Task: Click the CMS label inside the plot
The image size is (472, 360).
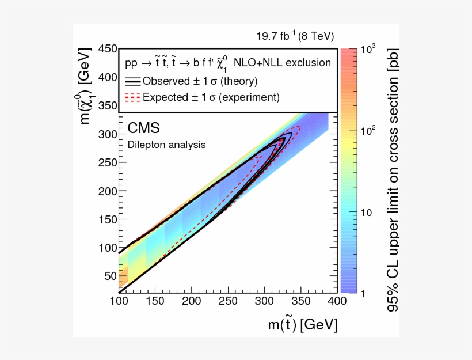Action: click(x=143, y=128)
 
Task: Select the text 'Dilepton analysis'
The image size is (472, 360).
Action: click(x=166, y=145)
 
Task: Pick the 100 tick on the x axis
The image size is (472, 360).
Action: click(x=118, y=301)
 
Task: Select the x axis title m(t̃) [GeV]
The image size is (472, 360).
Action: click(x=302, y=325)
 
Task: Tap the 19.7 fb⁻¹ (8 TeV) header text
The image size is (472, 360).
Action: click(x=295, y=36)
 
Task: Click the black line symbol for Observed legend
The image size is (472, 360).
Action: click(x=133, y=81)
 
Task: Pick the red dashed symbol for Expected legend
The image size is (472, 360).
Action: click(x=133, y=97)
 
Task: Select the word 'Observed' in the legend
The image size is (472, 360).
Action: click(x=165, y=81)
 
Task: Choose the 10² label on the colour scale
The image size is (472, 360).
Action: click(x=368, y=131)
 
